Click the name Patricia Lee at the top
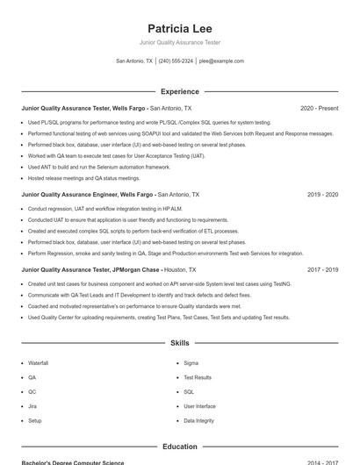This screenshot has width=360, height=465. pos(180,28)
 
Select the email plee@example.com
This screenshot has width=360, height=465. pos(221,61)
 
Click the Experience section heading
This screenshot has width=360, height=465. pos(180,91)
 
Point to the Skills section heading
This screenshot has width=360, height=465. pos(180,343)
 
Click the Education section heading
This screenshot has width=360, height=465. pos(180,447)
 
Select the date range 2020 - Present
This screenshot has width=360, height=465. pos(319,109)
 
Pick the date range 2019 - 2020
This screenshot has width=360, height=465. pos(322,195)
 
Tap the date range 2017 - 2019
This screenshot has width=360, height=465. pos(322,270)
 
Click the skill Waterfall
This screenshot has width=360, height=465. pos(38,362)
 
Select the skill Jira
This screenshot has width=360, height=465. pos(32,406)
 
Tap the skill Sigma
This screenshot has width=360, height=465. pos(191,362)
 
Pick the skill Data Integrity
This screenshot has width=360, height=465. pos(198,421)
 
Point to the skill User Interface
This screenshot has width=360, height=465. pos(199,406)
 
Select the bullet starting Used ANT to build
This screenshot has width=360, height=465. pos(99,166)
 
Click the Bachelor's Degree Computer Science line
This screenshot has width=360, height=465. pos(73,462)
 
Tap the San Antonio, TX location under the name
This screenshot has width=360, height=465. pos(134,61)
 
